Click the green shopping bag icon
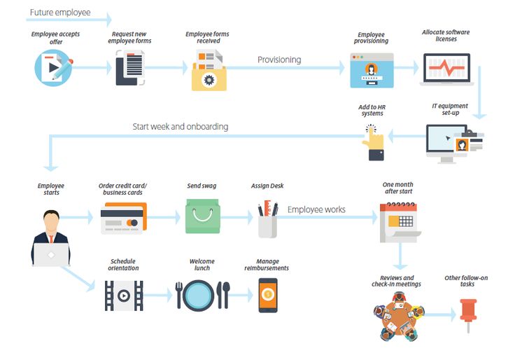pyautogui.click(x=202, y=218)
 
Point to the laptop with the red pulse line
pyautogui.click(x=446, y=70)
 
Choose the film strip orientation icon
pyautogui.click(x=123, y=296)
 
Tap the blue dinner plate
pyautogui.click(x=202, y=295)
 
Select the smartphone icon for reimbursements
pyautogui.click(x=267, y=295)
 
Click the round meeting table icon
pyautogui.click(x=397, y=314)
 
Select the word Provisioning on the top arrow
pyautogui.click(x=279, y=60)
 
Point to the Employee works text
pyautogui.click(x=316, y=209)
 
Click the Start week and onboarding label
pyautogui.click(x=181, y=127)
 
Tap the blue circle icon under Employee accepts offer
pyautogui.click(x=53, y=68)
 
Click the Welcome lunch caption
pyautogui.click(x=202, y=265)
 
